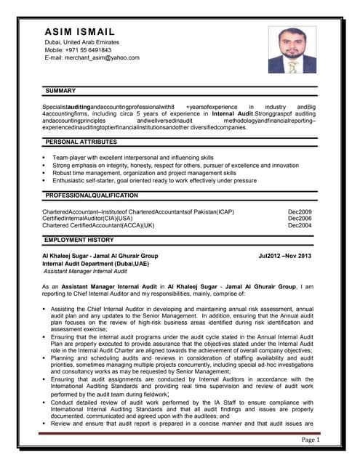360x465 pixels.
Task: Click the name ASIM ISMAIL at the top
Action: (x=80, y=33)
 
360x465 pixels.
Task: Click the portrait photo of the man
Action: (x=292, y=49)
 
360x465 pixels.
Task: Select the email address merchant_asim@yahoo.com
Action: (x=92, y=58)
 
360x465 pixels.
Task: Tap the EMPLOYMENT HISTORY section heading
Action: (x=79, y=240)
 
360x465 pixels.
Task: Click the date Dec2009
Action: (x=300, y=211)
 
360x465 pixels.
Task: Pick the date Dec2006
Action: (x=300, y=218)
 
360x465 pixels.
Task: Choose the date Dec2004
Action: (x=300, y=225)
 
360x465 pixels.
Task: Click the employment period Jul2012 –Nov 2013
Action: (x=284, y=256)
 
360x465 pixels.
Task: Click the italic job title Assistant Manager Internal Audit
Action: (x=86, y=271)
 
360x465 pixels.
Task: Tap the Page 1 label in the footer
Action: (x=311, y=440)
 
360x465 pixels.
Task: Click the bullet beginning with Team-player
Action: (x=133, y=158)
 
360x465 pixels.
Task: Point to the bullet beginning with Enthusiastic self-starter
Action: (x=154, y=181)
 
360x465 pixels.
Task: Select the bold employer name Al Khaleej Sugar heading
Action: (x=100, y=256)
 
